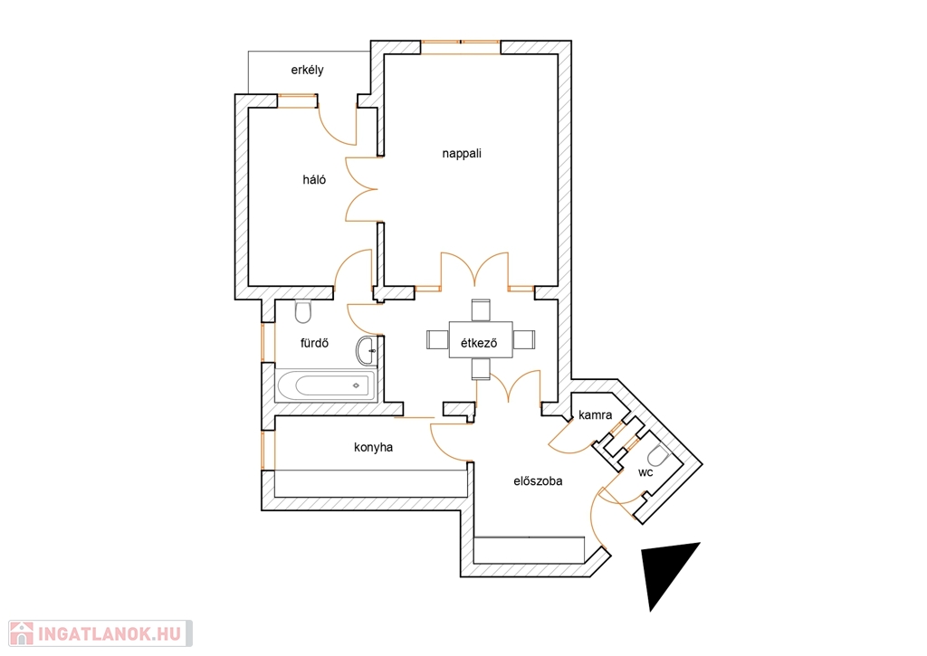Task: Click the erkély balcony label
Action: pyautogui.click(x=307, y=70)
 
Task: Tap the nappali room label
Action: pyautogui.click(x=462, y=154)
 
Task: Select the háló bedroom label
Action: pyautogui.click(x=314, y=180)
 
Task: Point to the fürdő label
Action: pyautogui.click(x=314, y=343)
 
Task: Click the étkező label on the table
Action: pyautogui.click(x=479, y=343)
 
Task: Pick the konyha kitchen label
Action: pyautogui.click(x=373, y=447)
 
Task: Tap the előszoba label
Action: pyautogui.click(x=538, y=481)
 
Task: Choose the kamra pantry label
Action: pyautogui.click(x=596, y=415)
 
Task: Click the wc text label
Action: pyautogui.click(x=645, y=473)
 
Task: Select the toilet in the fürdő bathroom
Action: pyautogui.click(x=302, y=311)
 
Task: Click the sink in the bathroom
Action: pyautogui.click(x=367, y=351)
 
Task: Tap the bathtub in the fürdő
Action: pyautogui.click(x=326, y=386)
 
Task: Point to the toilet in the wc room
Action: pyautogui.click(x=657, y=456)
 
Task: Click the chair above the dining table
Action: pyautogui.click(x=481, y=310)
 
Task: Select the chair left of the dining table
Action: pyautogui.click(x=438, y=340)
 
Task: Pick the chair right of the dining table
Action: pyautogui.click(x=524, y=340)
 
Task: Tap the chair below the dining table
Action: pyautogui.click(x=481, y=369)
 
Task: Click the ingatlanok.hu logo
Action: pyautogui.click(x=100, y=633)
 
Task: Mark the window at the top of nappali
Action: pyautogui.click(x=461, y=47)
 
